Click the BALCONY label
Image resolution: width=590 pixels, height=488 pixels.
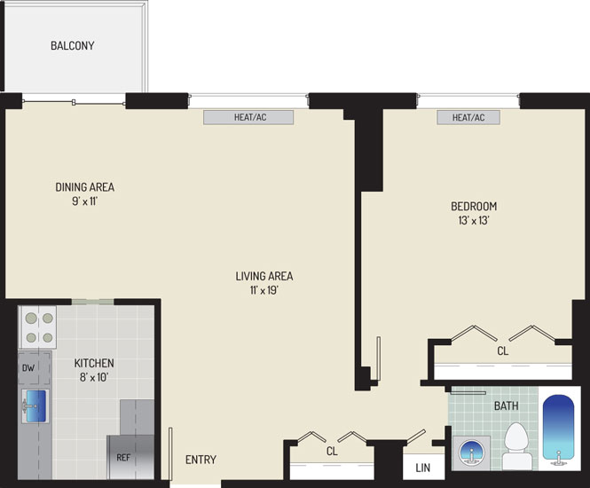pyautogui.click(x=72, y=45)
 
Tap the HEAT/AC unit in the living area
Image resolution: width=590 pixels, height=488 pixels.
pyautogui.click(x=248, y=117)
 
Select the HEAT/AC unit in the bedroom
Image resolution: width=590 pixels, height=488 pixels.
pyautogui.click(x=468, y=117)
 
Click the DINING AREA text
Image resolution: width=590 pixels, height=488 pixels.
pyautogui.click(x=84, y=187)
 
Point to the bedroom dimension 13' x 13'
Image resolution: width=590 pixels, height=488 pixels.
pyautogui.click(x=474, y=220)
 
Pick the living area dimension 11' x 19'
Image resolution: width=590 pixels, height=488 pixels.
pyautogui.click(x=264, y=290)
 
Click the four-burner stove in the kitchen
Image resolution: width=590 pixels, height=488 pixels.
pyautogui.click(x=38, y=327)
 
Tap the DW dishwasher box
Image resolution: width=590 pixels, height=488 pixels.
pyautogui.click(x=35, y=368)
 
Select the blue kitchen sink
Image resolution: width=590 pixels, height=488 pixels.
pyautogui.click(x=35, y=406)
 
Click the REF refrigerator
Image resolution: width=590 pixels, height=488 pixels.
pyautogui.click(x=130, y=457)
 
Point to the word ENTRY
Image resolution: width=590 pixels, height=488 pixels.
pyautogui.click(x=201, y=460)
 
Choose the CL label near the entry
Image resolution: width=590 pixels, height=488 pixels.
pyautogui.click(x=332, y=451)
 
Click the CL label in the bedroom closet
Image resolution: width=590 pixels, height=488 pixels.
pyautogui.click(x=503, y=351)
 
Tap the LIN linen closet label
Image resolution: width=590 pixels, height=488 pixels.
pyautogui.click(x=423, y=468)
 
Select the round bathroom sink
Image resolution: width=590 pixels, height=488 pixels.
pyautogui.click(x=471, y=453)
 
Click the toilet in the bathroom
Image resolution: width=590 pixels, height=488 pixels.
pyautogui.click(x=516, y=446)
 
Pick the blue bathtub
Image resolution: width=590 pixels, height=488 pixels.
pyautogui.click(x=559, y=428)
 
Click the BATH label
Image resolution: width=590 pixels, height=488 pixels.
pyautogui.click(x=506, y=406)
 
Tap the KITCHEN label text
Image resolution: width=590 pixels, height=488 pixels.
pyautogui.click(x=94, y=363)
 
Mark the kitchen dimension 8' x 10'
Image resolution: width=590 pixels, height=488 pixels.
pyautogui.click(x=94, y=377)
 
